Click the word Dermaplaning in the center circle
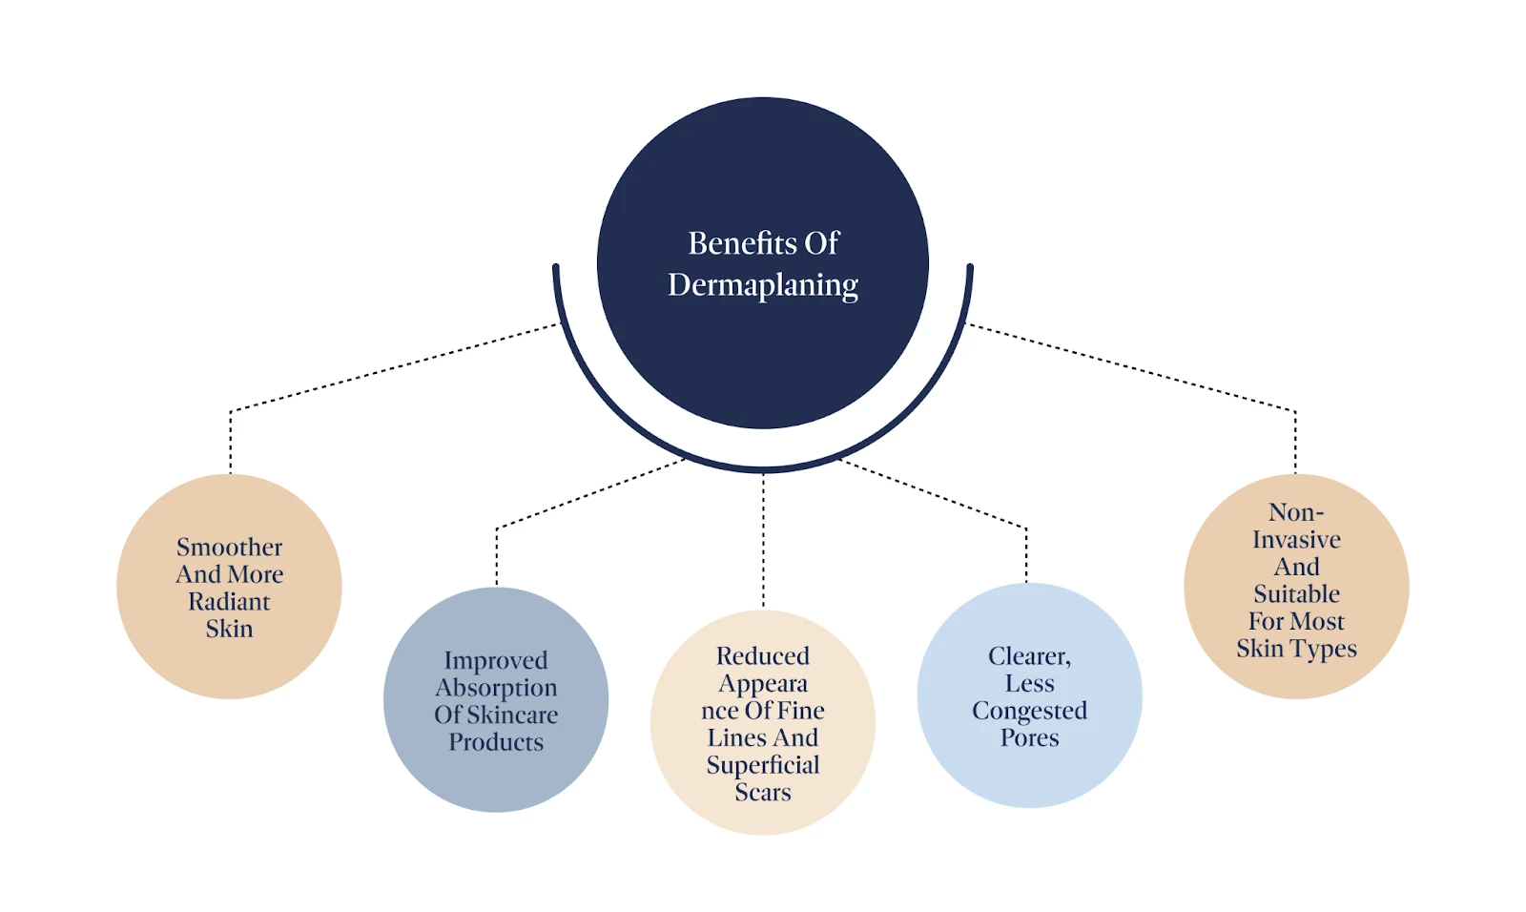(x=763, y=285)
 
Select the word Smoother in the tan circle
(x=229, y=548)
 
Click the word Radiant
(x=229, y=602)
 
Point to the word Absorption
(x=496, y=688)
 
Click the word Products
(x=496, y=742)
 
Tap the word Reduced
(x=763, y=656)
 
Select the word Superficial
(x=763, y=765)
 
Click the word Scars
(x=763, y=793)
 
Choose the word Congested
(x=1029, y=712)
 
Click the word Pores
(x=1029, y=738)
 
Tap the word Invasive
(x=1296, y=540)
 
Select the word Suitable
(x=1296, y=594)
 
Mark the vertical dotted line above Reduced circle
(x=763, y=539)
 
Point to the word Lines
(x=736, y=738)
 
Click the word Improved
(x=496, y=660)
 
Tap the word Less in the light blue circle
(x=1029, y=684)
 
